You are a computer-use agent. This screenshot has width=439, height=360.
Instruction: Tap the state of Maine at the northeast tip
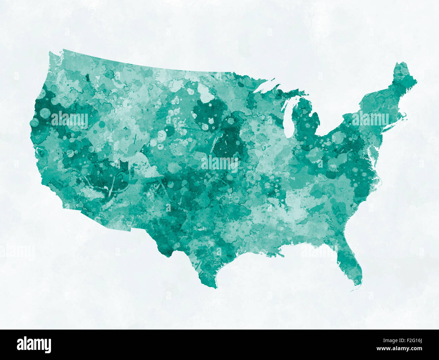tap(404, 79)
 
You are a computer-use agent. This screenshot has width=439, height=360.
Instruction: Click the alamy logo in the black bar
tap(34, 344)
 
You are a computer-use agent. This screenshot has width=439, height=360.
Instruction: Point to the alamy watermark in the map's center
tap(219, 164)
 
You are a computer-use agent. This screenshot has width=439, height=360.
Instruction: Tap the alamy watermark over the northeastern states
tap(370, 119)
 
